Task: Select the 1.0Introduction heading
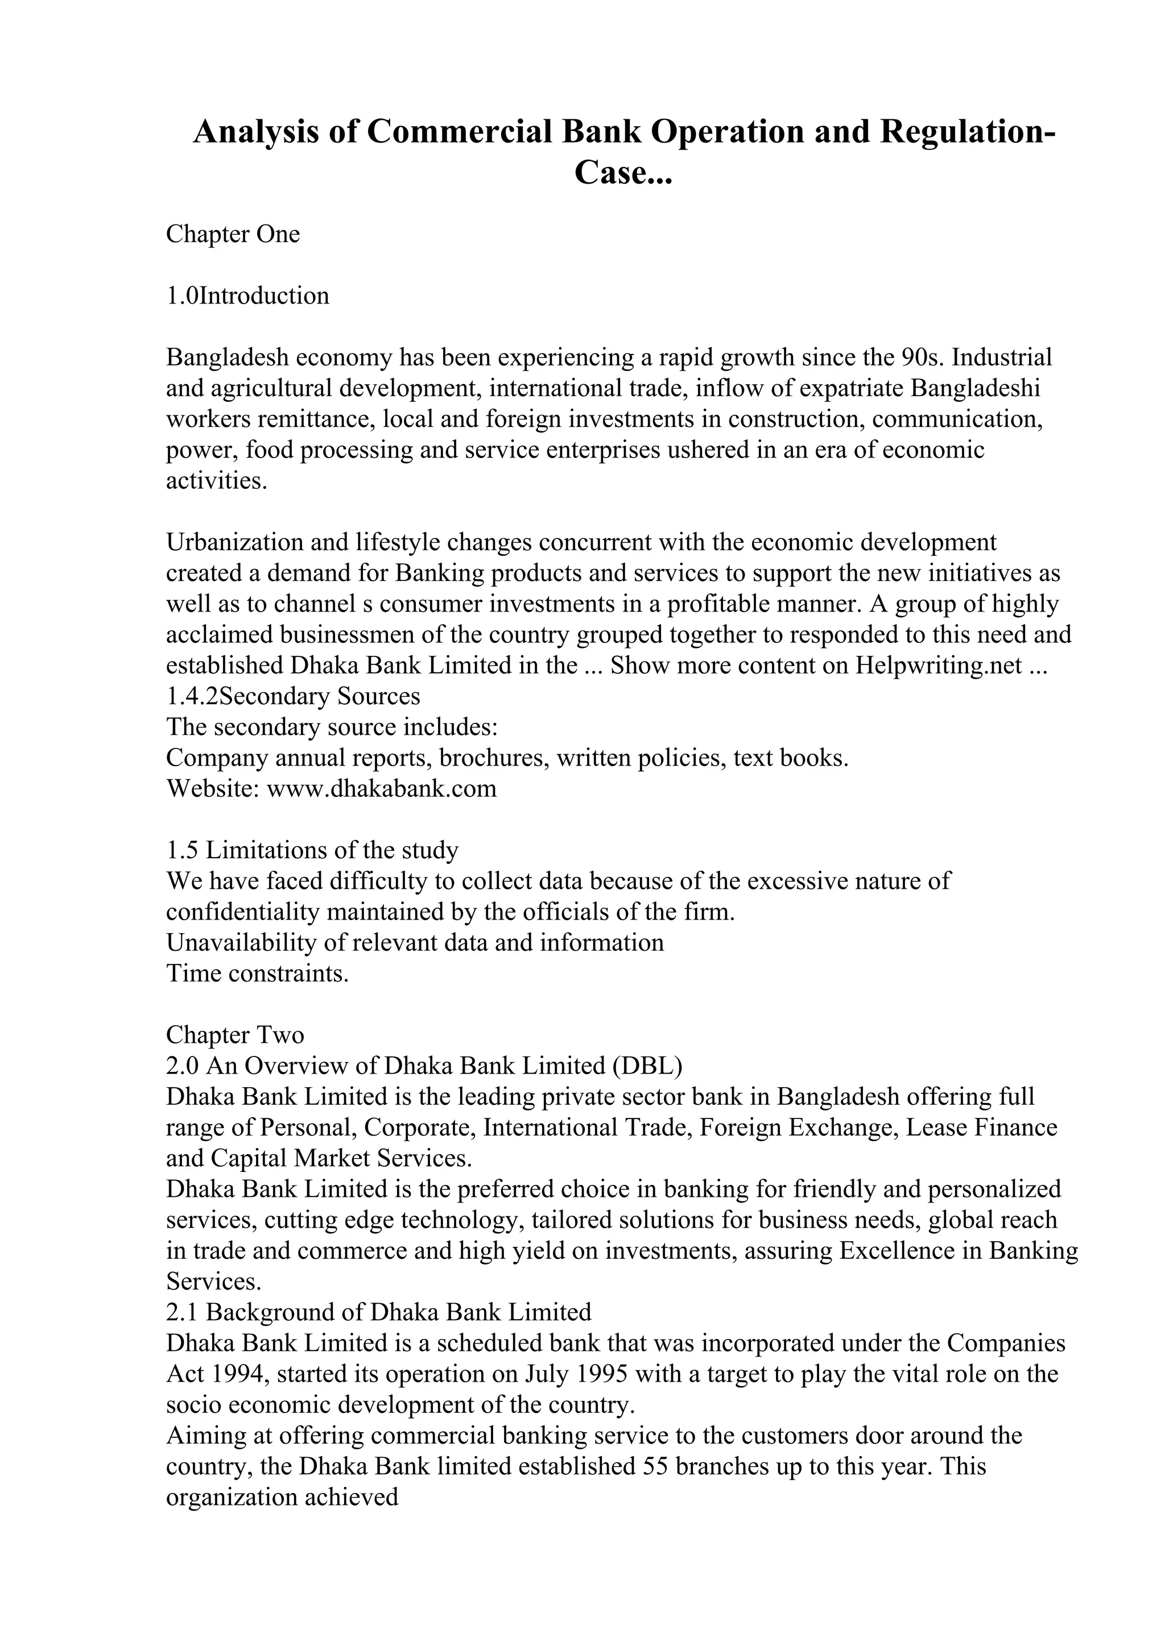pos(247,296)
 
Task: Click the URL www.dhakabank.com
pos(381,788)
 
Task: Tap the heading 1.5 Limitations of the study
pos(312,850)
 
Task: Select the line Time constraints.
pos(257,974)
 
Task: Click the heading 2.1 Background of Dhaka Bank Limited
pos(378,1312)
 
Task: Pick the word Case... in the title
pos(622,173)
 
